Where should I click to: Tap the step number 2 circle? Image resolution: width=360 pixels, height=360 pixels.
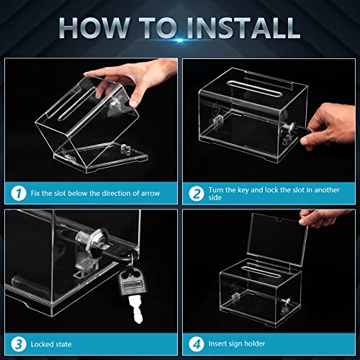click(196, 192)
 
